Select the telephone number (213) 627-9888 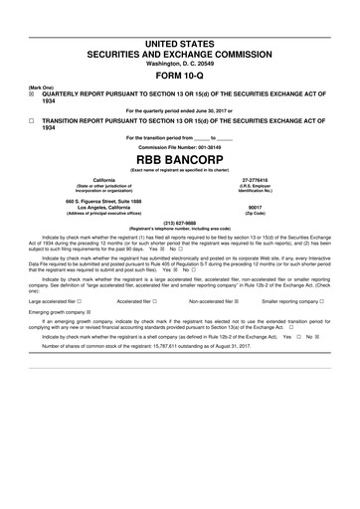[x=179, y=223]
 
